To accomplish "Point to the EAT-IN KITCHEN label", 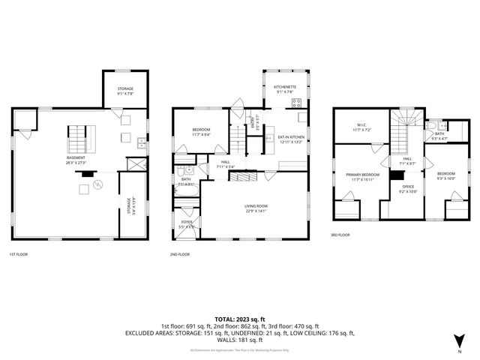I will (x=291, y=139).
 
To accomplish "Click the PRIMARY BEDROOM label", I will (x=361, y=177).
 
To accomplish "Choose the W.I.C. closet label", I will (x=361, y=128).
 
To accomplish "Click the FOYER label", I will (x=185, y=223).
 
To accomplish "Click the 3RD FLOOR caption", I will (x=340, y=235).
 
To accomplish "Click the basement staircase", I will (x=80, y=138).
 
